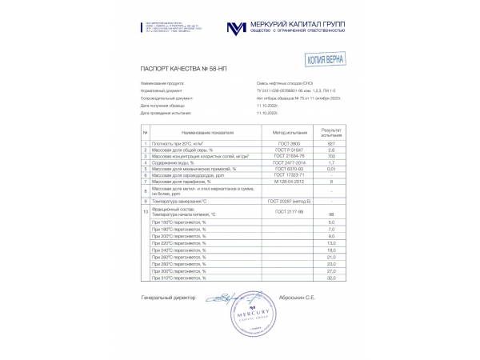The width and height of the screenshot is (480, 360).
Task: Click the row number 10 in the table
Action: click(x=146, y=212)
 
